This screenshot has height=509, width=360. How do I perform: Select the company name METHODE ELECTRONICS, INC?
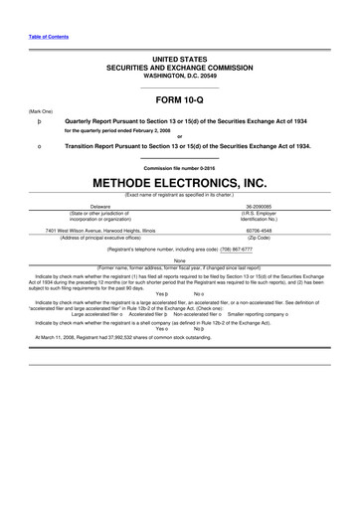click(x=179, y=185)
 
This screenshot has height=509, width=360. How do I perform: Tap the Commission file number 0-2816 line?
click(x=179, y=168)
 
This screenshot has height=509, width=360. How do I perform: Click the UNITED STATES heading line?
click(x=179, y=60)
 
